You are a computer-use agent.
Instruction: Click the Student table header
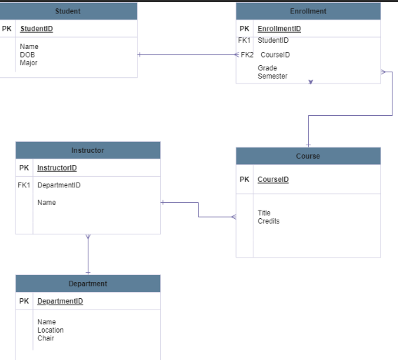(x=68, y=11)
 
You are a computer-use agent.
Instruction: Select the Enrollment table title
(x=308, y=11)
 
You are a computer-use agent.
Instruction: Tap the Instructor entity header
(x=88, y=150)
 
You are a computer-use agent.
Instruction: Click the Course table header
(x=308, y=156)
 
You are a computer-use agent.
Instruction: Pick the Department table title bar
(x=88, y=284)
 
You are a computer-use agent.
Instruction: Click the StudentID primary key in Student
(x=37, y=29)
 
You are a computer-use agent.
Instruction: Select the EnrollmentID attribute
(x=279, y=29)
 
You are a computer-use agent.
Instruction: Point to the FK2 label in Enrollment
(x=246, y=55)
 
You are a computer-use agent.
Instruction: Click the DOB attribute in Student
(x=27, y=55)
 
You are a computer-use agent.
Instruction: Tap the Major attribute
(x=29, y=63)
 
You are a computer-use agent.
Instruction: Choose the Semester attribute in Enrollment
(x=272, y=76)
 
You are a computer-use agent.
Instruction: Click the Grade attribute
(x=267, y=68)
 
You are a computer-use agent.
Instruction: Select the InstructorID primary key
(x=57, y=168)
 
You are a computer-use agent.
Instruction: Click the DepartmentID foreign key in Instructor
(x=59, y=185)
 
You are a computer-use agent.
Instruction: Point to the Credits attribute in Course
(x=268, y=221)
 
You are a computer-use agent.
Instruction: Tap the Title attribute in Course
(x=264, y=213)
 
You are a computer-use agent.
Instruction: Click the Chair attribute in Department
(x=46, y=338)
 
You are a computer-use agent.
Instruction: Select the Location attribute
(x=51, y=330)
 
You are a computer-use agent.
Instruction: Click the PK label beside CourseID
(x=244, y=179)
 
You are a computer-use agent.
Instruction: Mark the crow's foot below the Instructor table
(x=88, y=238)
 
